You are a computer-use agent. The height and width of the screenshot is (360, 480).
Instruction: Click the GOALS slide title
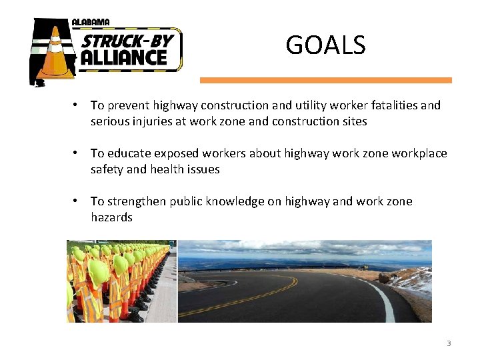click(325, 45)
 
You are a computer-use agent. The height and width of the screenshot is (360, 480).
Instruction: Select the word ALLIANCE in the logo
click(123, 58)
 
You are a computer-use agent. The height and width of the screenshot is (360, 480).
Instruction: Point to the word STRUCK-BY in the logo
click(127, 41)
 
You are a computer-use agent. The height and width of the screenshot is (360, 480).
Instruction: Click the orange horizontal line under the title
click(325, 80)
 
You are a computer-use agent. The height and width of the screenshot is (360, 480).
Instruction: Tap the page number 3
click(449, 343)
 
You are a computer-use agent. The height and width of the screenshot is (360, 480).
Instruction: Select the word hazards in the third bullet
click(111, 217)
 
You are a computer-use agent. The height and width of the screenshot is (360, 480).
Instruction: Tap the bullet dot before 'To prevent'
click(78, 105)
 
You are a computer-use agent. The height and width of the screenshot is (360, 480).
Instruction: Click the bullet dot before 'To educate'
click(78, 153)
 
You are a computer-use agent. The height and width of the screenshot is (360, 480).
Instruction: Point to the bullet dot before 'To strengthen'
click(78, 201)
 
